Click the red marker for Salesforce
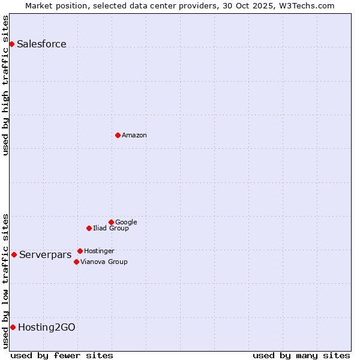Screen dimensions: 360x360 [x=11, y=44]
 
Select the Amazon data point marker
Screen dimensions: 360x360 [x=118, y=135]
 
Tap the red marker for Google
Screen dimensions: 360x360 [x=111, y=222]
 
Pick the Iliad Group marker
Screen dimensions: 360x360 [x=89, y=228]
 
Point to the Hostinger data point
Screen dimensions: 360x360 [x=80, y=251]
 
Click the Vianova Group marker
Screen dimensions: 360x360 [x=76, y=262]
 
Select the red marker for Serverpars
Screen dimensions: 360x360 [x=14, y=254]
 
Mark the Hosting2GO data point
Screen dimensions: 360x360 [x=13, y=327]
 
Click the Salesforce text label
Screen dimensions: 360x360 [x=41, y=44]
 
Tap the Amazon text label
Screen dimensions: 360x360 [x=134, y=136]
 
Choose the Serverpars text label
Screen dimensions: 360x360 [x=45, y=255]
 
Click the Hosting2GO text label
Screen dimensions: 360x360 [x=47, y=328]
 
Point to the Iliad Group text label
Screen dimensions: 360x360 [x=111, y=229]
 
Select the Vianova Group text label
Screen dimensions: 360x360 [x=104, y=262]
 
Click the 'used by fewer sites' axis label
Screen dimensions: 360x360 [x=62, y=355]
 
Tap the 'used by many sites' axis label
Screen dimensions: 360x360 [x=301, y=355]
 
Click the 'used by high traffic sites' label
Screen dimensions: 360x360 [x=5, y=85]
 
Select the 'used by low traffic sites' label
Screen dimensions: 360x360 [x=5, y=280]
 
